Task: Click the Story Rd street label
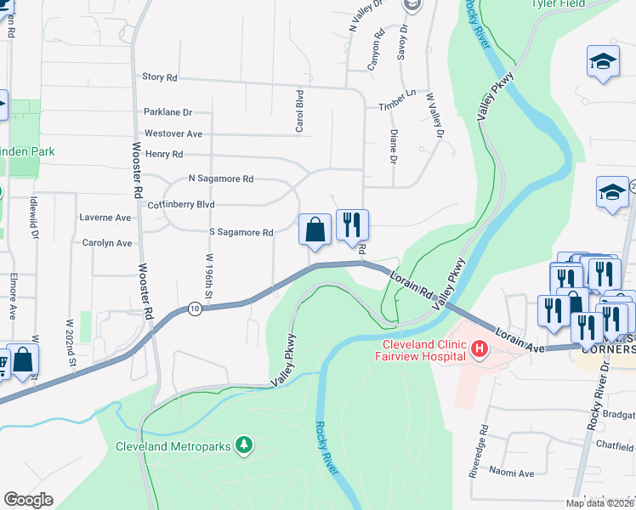[159, 77]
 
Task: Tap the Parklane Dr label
[168, 112]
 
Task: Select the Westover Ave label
[173, 133]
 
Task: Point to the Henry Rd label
[164, 154]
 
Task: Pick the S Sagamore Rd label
[241, 232]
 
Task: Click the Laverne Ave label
[105, 218]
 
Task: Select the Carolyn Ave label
[107, 243]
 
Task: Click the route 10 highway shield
[196, 309]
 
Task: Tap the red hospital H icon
[480, 348]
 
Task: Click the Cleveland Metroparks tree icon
[244, 445]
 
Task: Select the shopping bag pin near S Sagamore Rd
[315, 229]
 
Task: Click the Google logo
[28, 500]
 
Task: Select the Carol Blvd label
[299, 111]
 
